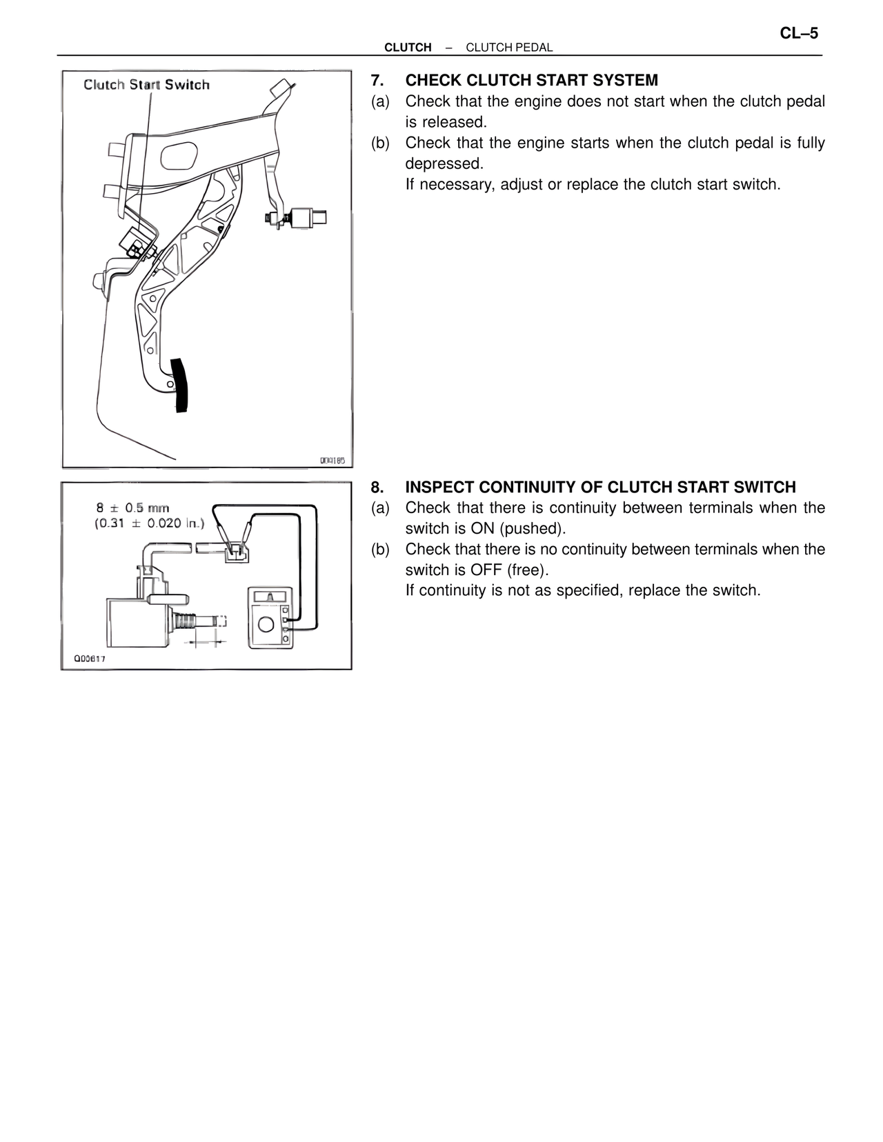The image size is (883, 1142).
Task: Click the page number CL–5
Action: (x=798, y=34)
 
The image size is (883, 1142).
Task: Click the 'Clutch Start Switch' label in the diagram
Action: (x=146, y=85)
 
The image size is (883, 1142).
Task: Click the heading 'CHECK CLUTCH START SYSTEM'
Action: (x=531, y=80)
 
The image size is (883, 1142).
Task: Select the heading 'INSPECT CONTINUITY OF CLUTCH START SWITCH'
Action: (x=600, y=487)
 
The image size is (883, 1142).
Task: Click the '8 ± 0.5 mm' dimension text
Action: (x=132, y=508)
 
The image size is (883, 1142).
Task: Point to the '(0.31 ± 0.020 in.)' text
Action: (x=149, y=523)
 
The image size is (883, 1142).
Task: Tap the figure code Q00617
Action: (x=90, y=659)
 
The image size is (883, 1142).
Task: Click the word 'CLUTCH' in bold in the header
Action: (x=408, y=48)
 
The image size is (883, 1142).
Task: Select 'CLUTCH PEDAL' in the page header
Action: (x=509, y=48)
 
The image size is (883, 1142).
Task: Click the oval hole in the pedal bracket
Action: (x=180, y=156)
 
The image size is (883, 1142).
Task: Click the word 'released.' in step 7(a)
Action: (x=446, y=122)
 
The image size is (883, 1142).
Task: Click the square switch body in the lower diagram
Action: (x=136, y=621)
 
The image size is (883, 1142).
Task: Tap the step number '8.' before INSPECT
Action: (x=377, y=487)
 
